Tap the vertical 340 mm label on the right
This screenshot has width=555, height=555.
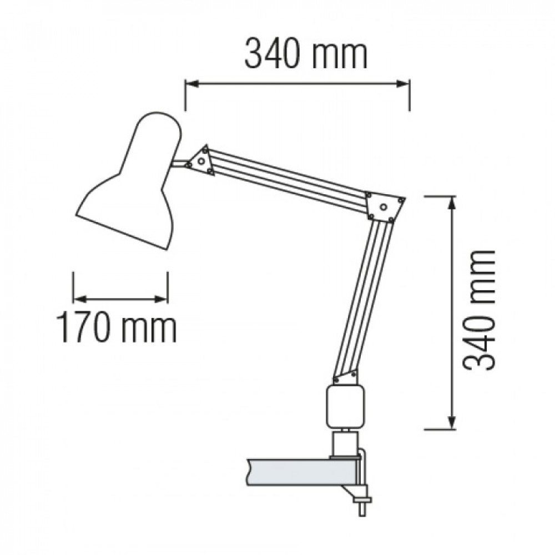(x=478, y=310)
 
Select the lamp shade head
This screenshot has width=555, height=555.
(x=129, y=180)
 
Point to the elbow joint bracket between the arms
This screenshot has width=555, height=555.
(x=385, y=207)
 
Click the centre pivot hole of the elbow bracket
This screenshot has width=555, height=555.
(x=383, y=206)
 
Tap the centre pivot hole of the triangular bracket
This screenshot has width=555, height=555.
(x=201, y=162)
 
